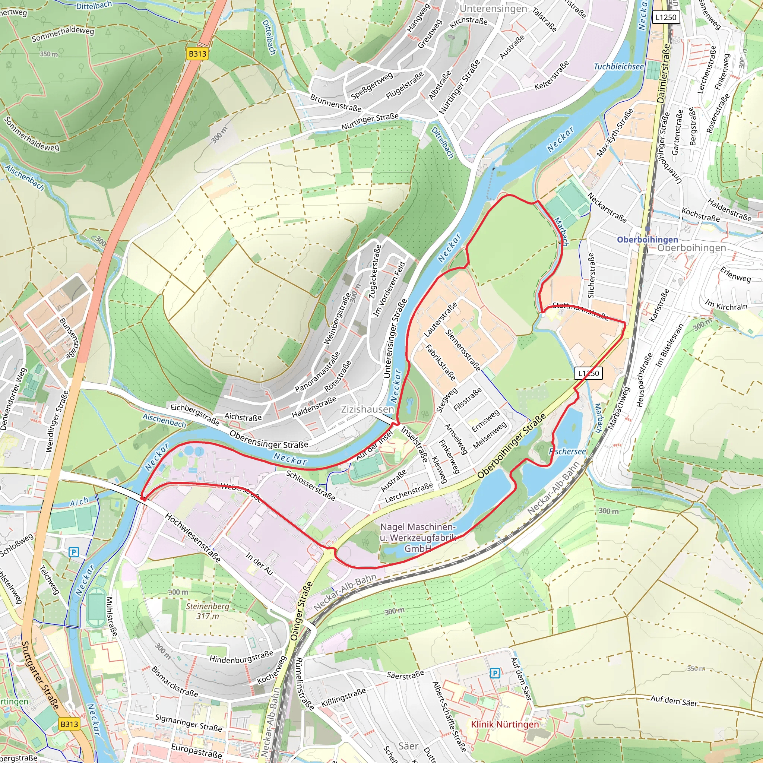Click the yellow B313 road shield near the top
(x=197, y=54)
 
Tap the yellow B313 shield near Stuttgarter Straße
(x=69, y=724)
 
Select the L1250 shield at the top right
(x=665, y=17)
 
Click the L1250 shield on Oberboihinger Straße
(x=588, y=373)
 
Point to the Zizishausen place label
(x=367, y=409)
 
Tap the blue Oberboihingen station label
(x=647, y=239)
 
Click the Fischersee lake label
(x=567, y=451)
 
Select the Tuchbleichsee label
(x=618, y=66)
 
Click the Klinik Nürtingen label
(x=505, y=724)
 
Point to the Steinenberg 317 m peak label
(x=208, y=611)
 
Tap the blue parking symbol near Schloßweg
(x=73, y=552)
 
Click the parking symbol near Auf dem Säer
(x=495, y=673)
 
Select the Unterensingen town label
(x=493, y=8)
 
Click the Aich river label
(x=79, y=502)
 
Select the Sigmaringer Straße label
(x=189, y=722)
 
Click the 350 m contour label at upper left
(x=48, y=54)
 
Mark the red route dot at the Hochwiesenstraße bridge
(x=143, y=499)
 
